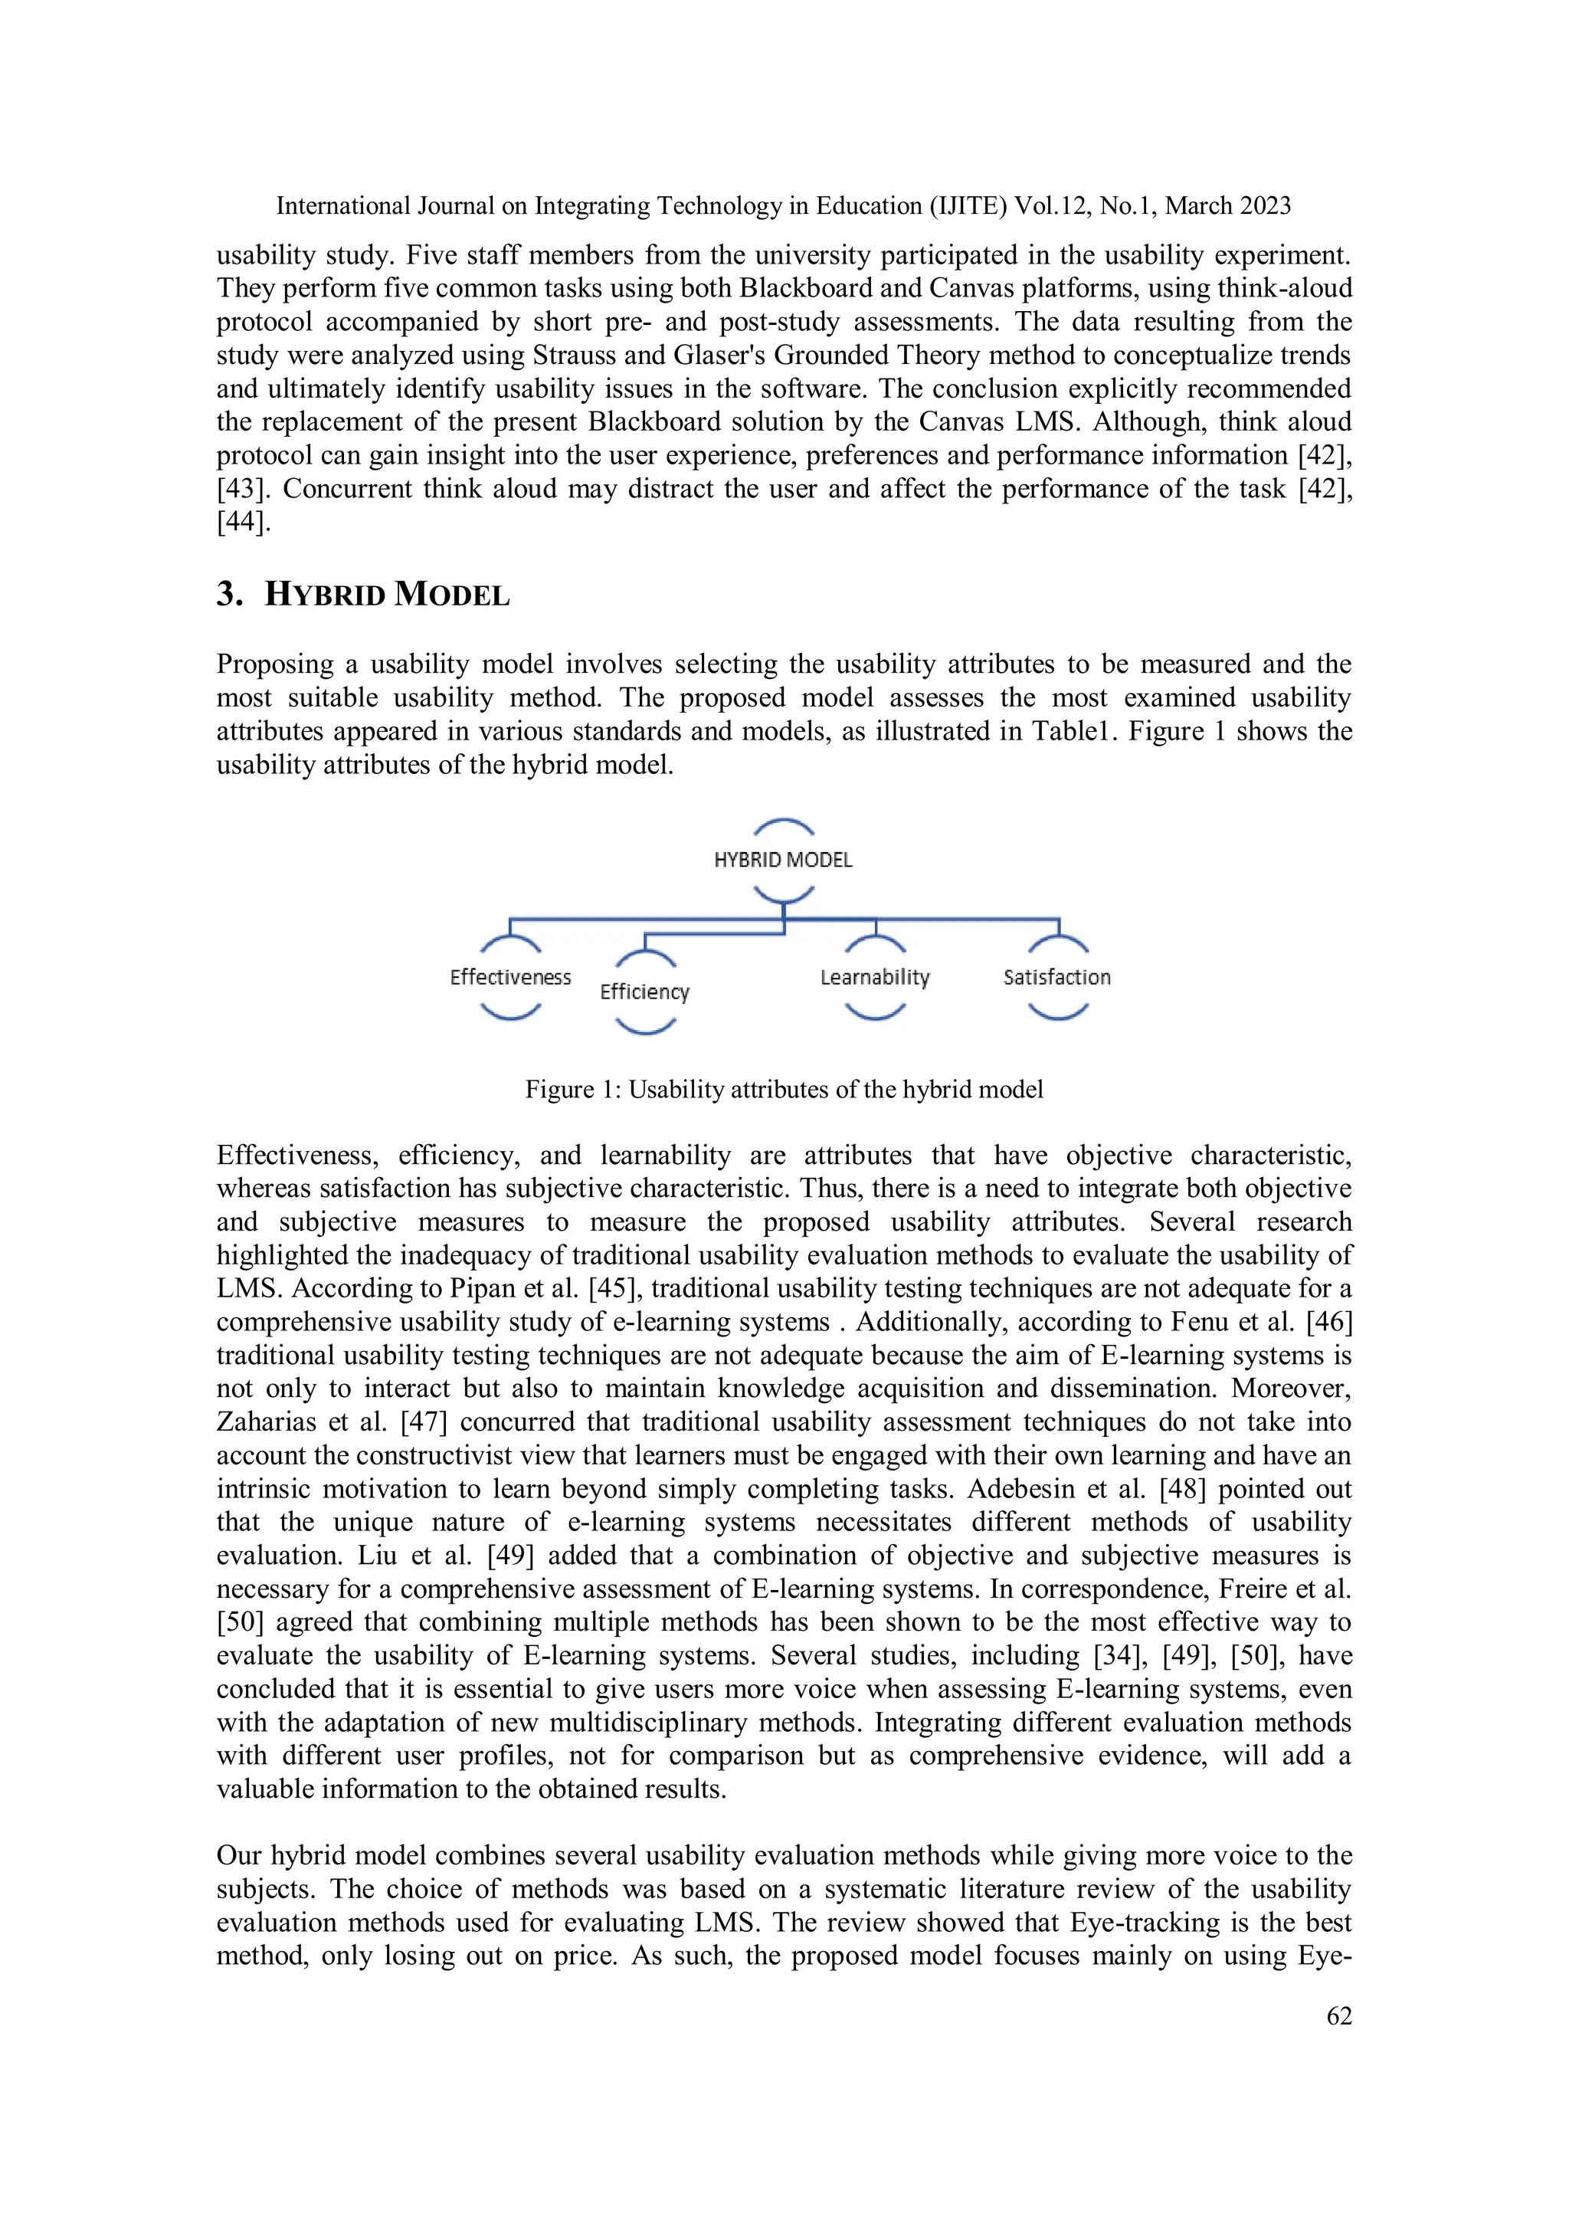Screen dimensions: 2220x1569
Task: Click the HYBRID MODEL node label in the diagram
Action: coord(783,860)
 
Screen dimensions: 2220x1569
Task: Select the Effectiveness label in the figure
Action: coord(510,978)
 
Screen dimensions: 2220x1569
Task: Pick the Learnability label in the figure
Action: coord(874,978)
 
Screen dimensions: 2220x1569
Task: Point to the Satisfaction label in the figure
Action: coord(1056,978)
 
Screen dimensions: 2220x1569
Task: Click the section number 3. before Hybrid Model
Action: coord(230,594)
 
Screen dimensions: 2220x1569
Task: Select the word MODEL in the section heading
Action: coord(451,594)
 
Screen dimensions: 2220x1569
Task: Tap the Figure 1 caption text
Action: coord(784,1090)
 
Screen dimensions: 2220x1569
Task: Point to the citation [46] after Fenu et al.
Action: coord(1329,1322)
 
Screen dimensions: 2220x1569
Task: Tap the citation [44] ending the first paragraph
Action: coord(243,522)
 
